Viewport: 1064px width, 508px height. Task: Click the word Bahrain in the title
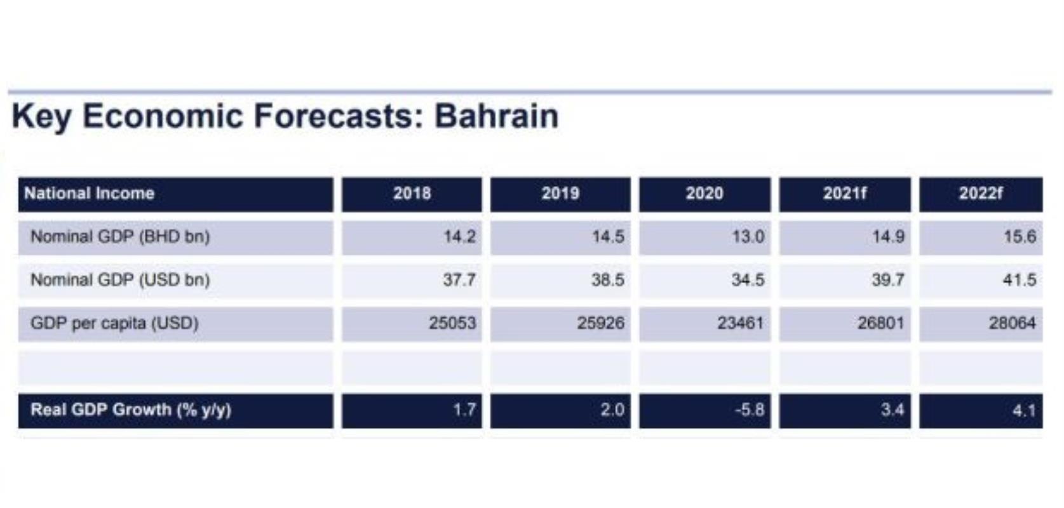(497, 116)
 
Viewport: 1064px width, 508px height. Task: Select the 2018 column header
(412, 193)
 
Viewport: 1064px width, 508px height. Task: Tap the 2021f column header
(845, 193)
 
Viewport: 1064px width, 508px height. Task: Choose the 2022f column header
(981, 193)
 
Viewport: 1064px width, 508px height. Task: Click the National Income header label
(90, 193)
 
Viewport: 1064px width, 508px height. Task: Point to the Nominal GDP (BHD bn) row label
(120, 236)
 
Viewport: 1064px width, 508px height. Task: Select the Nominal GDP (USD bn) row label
(120, 279)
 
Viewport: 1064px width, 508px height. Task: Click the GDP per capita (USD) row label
(114, 323)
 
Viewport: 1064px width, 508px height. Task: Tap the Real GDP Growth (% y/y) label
(131, 410)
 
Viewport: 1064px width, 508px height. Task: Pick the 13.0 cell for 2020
(748, 236)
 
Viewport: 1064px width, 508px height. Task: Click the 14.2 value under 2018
(459, 236)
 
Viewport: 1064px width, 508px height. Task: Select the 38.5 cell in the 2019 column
(608, 280)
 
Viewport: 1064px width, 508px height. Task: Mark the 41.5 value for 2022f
(1020, 280)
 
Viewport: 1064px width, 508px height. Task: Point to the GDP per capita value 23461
(741, 323)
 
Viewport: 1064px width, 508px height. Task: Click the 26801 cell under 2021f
(880, 323)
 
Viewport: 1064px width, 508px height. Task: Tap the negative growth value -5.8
(750, 410)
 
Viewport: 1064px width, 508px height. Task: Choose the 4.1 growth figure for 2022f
(1024, 410)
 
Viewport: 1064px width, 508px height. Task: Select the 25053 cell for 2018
(452, 323)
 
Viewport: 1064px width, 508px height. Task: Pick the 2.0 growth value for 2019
(613, 410)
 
